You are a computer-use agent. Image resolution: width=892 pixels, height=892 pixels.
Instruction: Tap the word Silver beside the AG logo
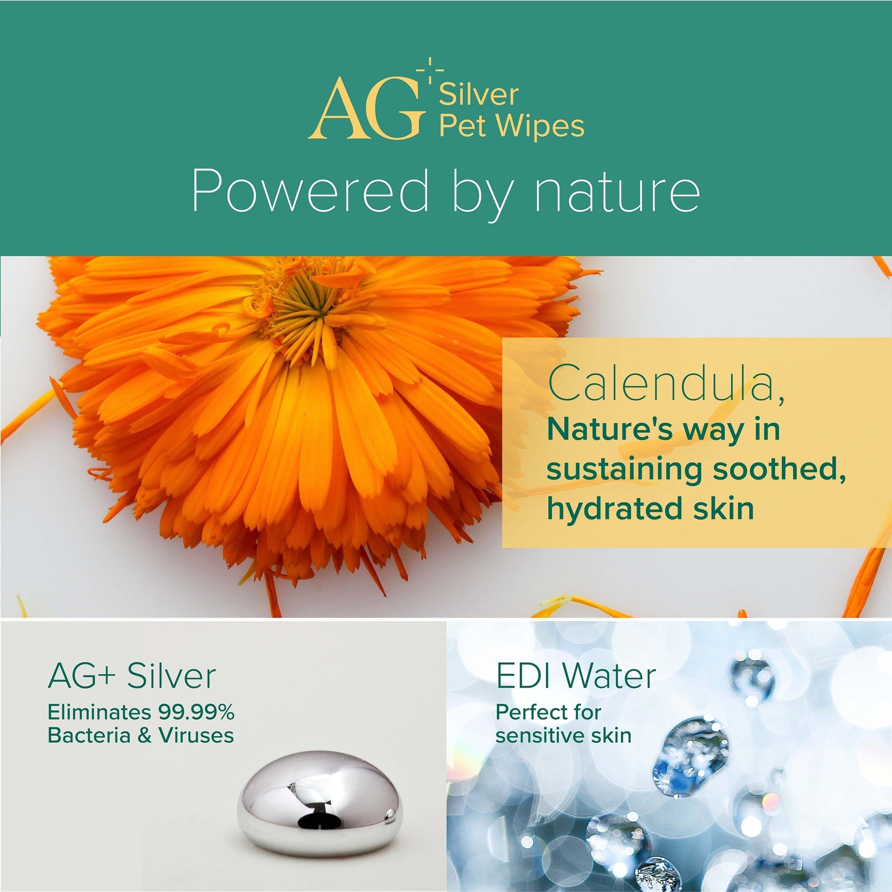[479, 94]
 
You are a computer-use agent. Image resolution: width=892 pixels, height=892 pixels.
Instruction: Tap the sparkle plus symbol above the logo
[430, 70]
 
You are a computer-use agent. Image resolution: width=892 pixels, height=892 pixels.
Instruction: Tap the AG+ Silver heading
[132, 676]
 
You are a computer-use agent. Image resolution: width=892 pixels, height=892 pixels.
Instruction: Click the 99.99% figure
[196, 713]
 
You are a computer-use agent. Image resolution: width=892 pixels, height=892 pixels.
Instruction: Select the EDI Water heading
[576, 676]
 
